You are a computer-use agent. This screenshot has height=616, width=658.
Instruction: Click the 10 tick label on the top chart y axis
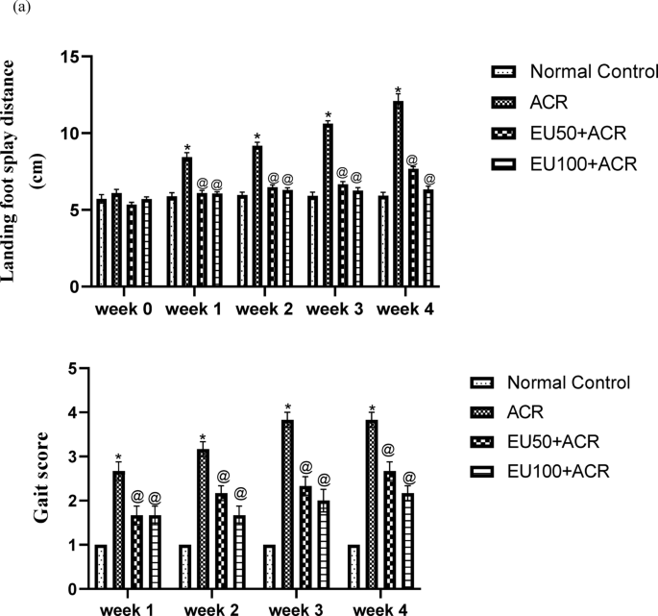(72, 133)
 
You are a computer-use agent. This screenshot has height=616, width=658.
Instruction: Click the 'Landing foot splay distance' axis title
(13, 170)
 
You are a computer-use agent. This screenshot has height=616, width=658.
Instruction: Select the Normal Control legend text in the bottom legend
(567, 382)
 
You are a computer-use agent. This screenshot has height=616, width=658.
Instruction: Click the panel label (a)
(12, 8)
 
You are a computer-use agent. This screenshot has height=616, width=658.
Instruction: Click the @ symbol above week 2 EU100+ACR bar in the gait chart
(239, 493)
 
